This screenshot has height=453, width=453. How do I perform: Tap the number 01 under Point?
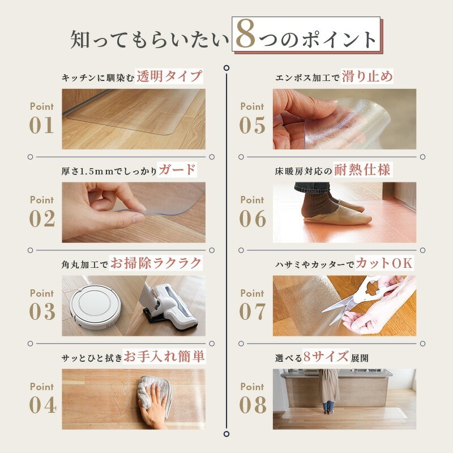(x=42, y=125)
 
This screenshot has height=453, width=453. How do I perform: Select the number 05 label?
(x=252, y=125)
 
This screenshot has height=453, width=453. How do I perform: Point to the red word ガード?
(x=177, y=169)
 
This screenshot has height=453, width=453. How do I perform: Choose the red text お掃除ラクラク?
(x=156, y=263)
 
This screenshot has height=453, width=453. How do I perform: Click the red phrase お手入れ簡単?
(x=164, y=356)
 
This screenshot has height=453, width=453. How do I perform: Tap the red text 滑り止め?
(x=367, y=76)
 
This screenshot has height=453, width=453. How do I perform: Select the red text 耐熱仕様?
(x=362, y=169)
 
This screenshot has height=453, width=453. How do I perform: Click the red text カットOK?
(x=384, y=263)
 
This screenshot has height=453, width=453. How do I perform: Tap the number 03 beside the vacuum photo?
(x=42, y=312)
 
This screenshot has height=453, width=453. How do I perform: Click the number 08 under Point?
(x=252, y=405)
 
